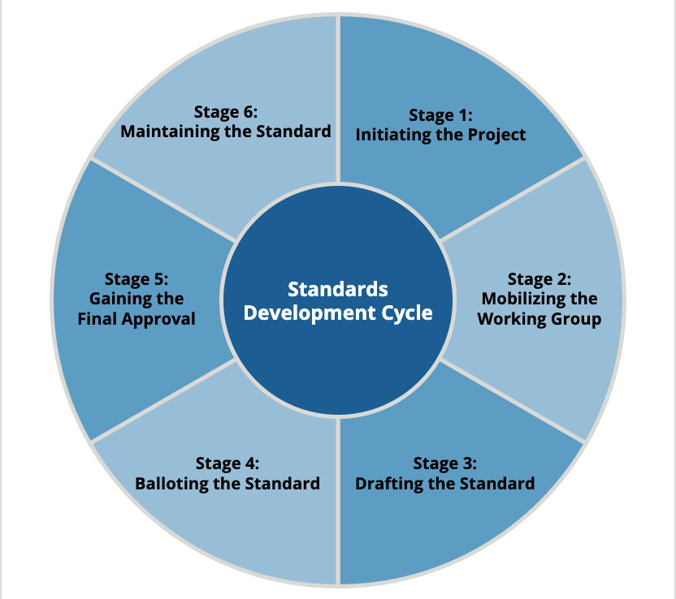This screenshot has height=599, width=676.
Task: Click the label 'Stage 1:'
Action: coord(440,114)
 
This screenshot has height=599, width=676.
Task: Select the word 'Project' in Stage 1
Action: coord(496,135)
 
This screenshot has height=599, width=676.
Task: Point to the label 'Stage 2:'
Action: coord(539,280)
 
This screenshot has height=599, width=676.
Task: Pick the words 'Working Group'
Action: coord(539,319)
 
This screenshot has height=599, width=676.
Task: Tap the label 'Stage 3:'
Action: coord(444,463)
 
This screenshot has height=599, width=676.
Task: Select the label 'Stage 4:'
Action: coord(227,463)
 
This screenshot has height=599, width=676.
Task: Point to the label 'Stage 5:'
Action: coord(136,280)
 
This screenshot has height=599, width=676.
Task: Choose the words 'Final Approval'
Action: coord(136,319)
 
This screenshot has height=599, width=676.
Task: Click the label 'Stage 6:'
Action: coord(226,111)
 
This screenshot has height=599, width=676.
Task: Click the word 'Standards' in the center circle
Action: coord(338,290)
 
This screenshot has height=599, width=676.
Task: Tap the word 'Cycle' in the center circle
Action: coord(404,312)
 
